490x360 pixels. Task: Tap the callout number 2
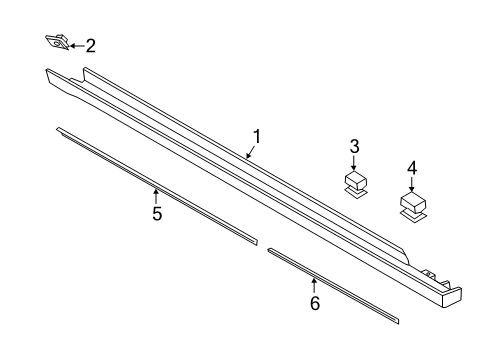pos(90,45)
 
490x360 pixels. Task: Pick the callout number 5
pos(156,213)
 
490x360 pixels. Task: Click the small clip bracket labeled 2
pos(56,42)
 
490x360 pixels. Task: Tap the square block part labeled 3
pos(354,180)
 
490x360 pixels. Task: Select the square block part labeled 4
pos(412,202)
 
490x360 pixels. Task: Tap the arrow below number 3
pos(354,162)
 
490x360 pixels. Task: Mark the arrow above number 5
pos(155,195)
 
